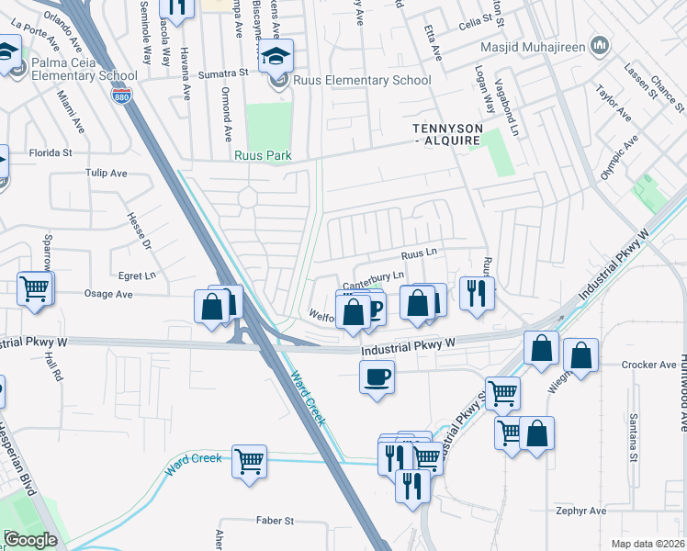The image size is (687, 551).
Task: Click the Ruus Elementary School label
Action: pyautogui.click(x=362, y=81)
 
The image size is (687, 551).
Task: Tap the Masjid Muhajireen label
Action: pyautogui.click(x=533, y=45)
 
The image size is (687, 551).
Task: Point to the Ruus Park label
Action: pyautogui.click(x=263, y=156)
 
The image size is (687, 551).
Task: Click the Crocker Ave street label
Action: pyautogui.click(x=648, y=365)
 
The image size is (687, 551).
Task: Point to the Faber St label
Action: pyautogui.click(x=275, y=521)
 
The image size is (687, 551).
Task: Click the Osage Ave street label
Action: pyautogui.click(x=108, y=294)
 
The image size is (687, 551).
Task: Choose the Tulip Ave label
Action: pyautogui.click(x=106, y=173)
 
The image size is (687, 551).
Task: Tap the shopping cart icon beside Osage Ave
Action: pyautogui.click(x=35, y=288)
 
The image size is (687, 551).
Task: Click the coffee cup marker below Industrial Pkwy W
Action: pyautogui.click(x=377, y=377)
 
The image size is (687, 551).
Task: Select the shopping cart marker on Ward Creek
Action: pyautogui.click(x=249, y=461)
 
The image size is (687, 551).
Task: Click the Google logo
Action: pyautogui.click(x=30, y=540)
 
